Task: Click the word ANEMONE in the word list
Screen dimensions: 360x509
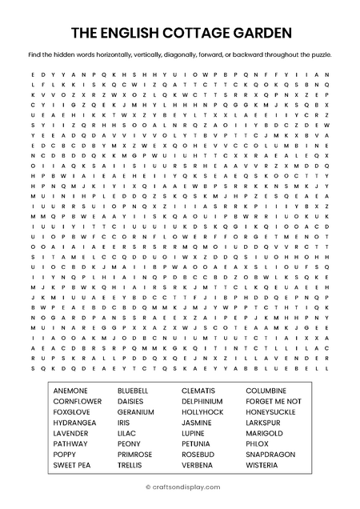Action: tap(70, 390)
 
